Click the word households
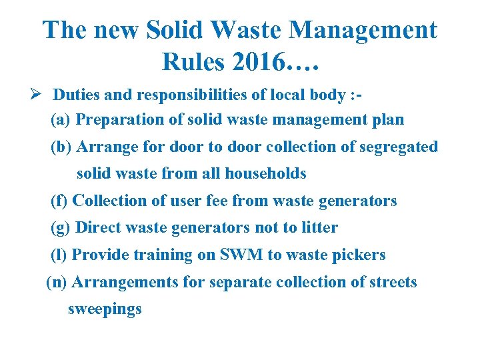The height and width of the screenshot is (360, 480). pos(265,174)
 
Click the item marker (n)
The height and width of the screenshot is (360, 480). pos(57,283)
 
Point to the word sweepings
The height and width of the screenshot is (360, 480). pos(105,309)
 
